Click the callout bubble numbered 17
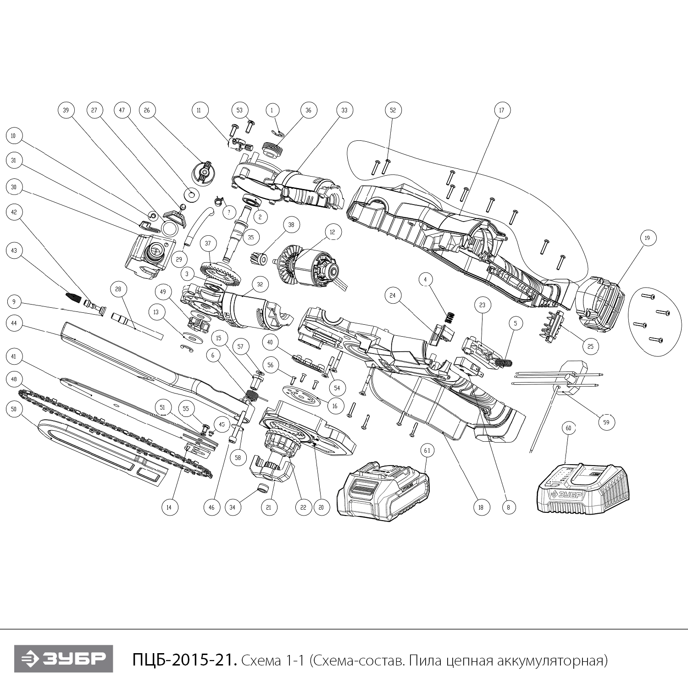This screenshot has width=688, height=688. tap(502, 110)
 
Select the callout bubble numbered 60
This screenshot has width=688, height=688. tap(568, 428)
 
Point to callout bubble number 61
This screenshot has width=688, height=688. tap(427, 451)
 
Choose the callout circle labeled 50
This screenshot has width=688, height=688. tap(14, 409)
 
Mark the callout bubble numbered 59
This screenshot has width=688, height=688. tap(606, 422)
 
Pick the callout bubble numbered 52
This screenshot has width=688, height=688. tap(393, 110)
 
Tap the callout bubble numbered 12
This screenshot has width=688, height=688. tap(333, 233)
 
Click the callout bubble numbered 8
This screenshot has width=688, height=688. tap(508, 507)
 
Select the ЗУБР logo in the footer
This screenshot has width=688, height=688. tap(63, 659)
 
